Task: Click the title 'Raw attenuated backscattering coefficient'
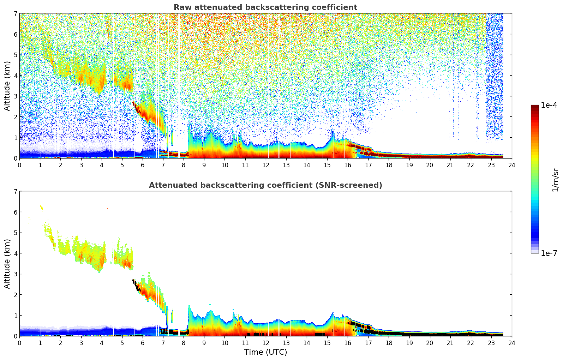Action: point(265,7)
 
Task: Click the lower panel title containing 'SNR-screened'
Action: point(265,185)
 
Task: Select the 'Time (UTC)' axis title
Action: point(265,352)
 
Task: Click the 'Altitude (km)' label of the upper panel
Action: point(7,86)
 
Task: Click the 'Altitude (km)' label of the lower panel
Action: point(7,264)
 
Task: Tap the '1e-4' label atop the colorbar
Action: point(549,105)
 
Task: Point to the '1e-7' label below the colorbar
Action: point(549,253)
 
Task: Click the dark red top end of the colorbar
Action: point(535,107)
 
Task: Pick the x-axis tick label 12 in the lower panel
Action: point(266,343)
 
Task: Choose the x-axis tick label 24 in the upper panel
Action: point(512,165)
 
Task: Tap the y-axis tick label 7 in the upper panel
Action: point(15,13)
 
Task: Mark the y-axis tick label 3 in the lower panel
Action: point(15,274)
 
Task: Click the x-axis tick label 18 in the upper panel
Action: point(389,165)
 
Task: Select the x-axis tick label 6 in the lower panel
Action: point(143,343)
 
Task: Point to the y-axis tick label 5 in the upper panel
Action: point(15,55)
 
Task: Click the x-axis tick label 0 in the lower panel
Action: point(19,343)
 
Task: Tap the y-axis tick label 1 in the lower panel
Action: point(15,315)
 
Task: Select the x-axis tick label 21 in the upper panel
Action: point(450,165)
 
